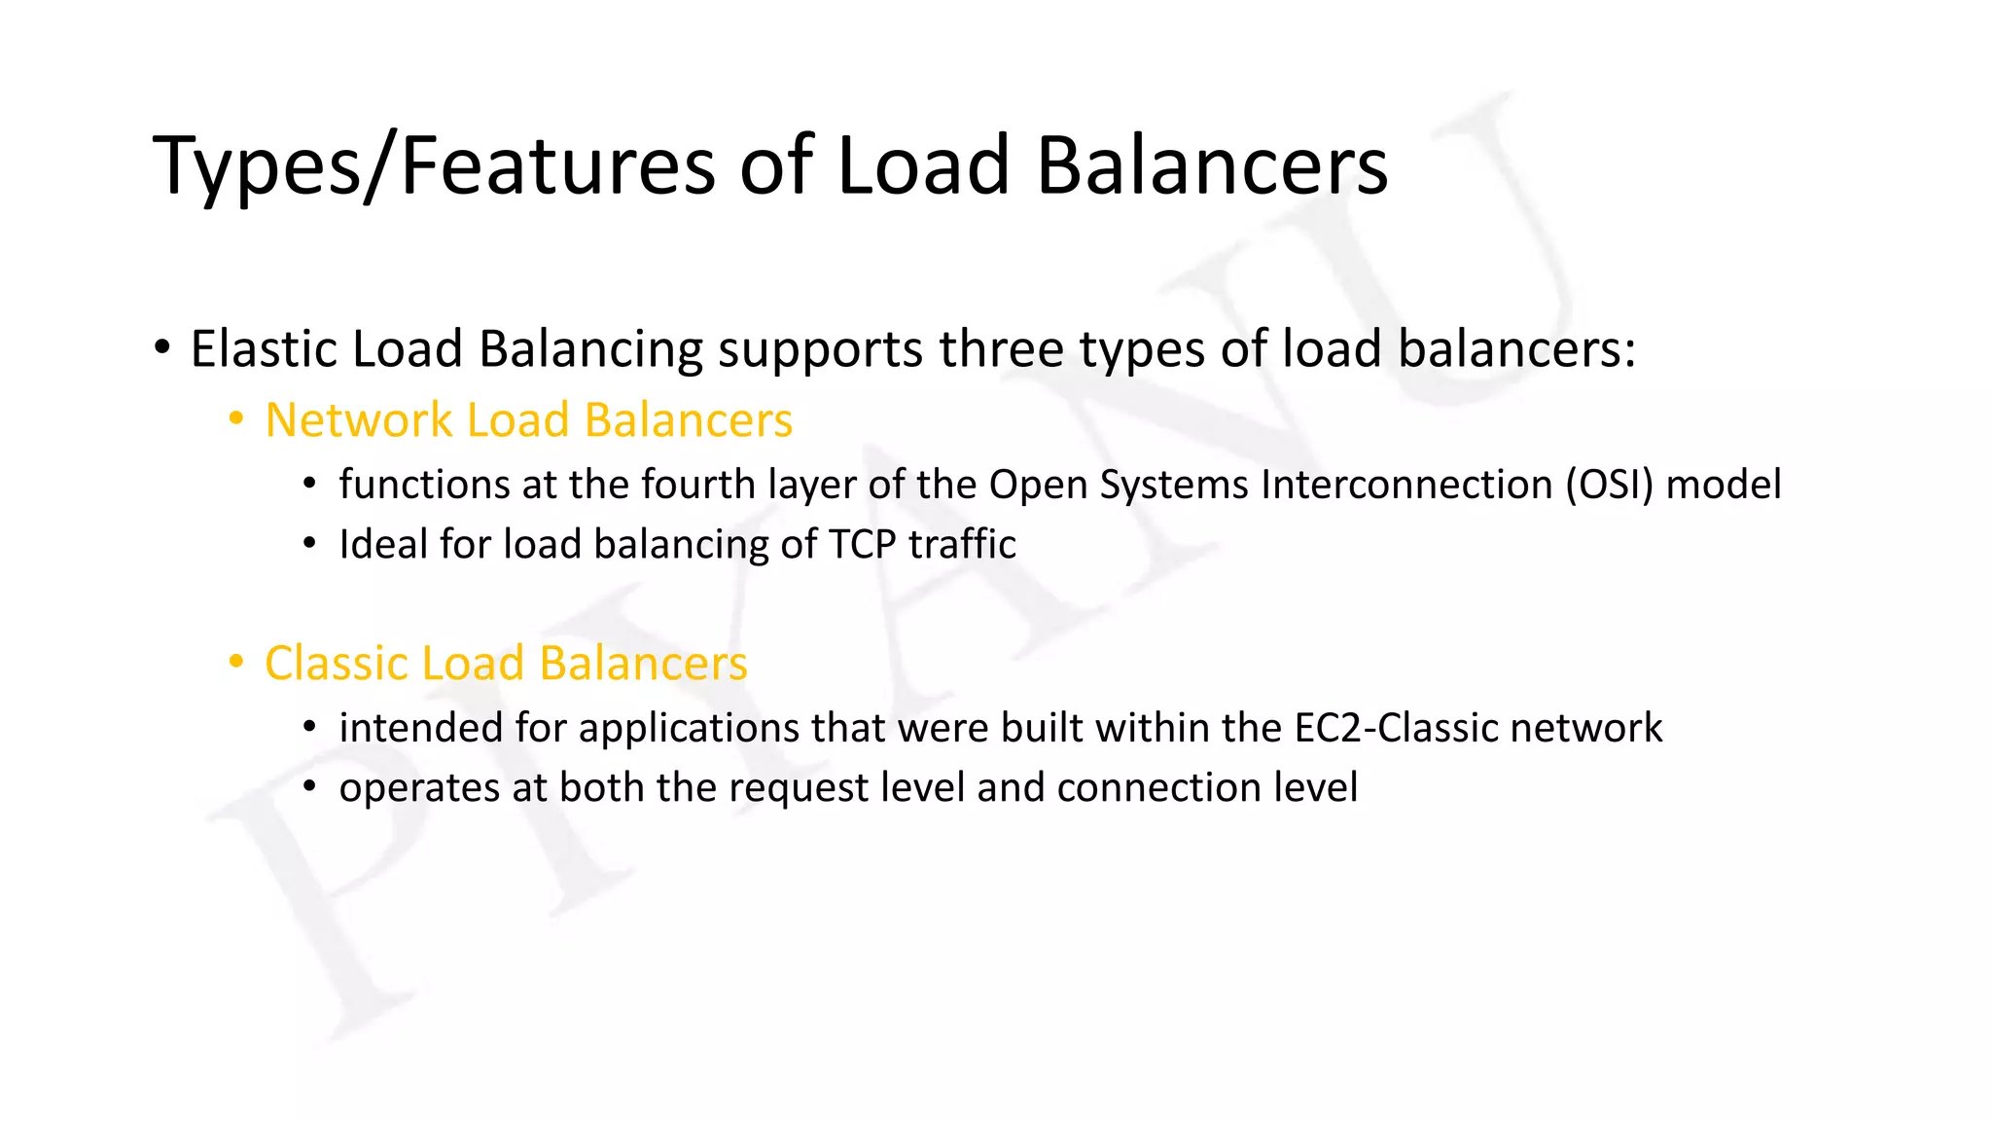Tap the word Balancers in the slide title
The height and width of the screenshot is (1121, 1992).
(x=1211, y=165)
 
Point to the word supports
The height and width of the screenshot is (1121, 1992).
(x=820, y=350)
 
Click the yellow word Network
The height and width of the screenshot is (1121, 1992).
(x=359, y=420)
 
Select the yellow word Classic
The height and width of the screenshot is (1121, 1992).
(x=335, y=664)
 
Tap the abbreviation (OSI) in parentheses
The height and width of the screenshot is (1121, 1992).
(x=1609, y=485)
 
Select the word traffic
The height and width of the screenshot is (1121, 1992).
(x=962, y=544)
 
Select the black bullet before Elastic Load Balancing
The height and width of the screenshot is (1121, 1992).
(x=162, y=348)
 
